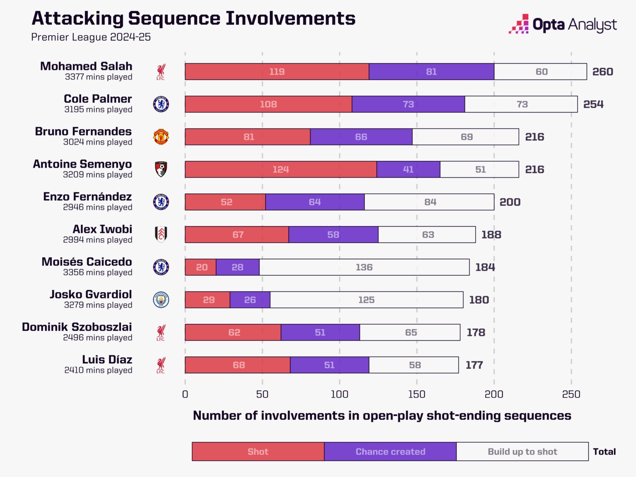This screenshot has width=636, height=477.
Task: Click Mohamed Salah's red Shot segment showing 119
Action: coord(277,72)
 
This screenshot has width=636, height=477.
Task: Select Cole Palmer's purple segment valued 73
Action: coord(408,104)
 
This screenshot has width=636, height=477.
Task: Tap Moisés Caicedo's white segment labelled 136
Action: coord(364,267)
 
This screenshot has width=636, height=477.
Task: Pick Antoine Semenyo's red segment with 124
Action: coord(280,169)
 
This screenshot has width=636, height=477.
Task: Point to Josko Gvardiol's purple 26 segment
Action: coord(250,300)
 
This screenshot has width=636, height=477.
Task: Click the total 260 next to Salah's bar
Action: coord(602,72)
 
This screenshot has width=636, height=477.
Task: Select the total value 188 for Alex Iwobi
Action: coord(491,235)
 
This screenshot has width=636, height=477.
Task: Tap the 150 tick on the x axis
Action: coord(417,394)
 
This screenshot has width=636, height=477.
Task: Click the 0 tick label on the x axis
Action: coord(185,394)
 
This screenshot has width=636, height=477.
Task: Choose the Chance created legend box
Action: coord(390,451)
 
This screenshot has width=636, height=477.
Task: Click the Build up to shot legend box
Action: coord(522,451)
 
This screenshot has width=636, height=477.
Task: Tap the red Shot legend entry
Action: coord(258,451)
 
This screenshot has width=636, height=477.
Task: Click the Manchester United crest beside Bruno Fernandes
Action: coord(161,137)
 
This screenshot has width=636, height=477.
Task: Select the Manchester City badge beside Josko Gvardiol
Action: coord(161,300)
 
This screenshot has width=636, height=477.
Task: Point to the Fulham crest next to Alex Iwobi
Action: coord(161,234)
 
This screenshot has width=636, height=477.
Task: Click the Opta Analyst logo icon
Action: coord(519,24)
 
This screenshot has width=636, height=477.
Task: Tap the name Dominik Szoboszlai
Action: coord(77,327)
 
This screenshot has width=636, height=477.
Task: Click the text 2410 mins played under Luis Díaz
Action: coord(98,370)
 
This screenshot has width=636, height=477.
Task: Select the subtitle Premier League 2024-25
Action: coord(91,37)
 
